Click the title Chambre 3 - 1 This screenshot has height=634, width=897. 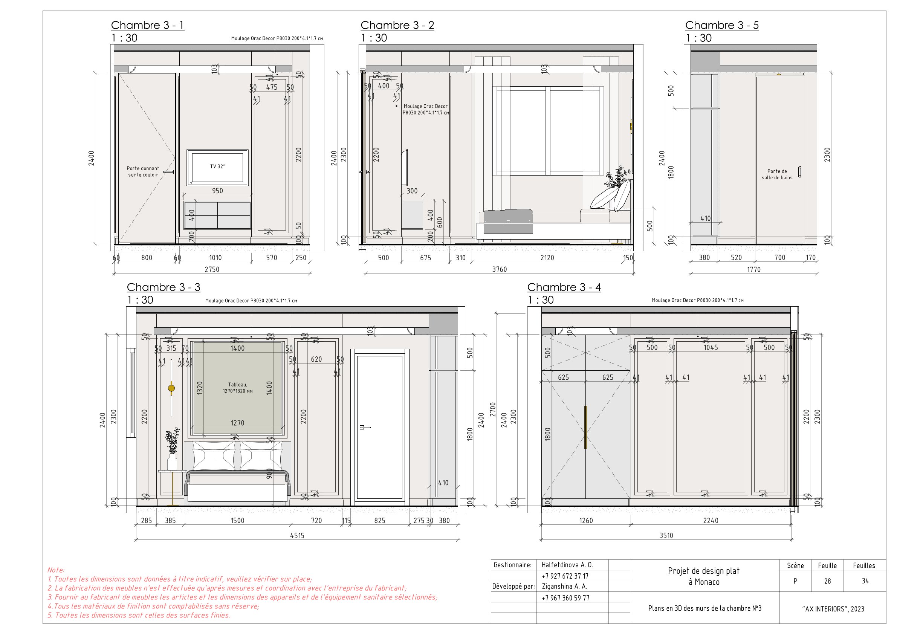[147, 25]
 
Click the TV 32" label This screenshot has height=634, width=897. [218, 167]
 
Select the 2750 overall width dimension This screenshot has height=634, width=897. [212, 269]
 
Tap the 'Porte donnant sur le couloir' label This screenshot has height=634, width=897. [143, 171]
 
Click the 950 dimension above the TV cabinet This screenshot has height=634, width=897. [217, 191]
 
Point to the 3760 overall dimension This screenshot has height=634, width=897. [499, 269]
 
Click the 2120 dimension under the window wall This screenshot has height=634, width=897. [547, 257]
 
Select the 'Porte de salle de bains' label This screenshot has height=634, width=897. [777, 174]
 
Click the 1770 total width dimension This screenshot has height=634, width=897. [753, 269]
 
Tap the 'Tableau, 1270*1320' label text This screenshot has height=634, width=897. [238, 388]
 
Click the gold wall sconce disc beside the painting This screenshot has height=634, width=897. [171, 388]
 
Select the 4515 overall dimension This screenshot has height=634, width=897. [297, 536]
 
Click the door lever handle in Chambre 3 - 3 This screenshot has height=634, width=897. [364, 427]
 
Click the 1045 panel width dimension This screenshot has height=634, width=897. [711, 347]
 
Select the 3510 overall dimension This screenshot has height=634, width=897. [666, 536]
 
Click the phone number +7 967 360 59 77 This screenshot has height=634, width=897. [565, 598]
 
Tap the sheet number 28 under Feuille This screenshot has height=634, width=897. [827, 581]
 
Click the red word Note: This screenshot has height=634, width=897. [56, 570]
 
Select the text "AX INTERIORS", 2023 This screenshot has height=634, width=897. [833, 609]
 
